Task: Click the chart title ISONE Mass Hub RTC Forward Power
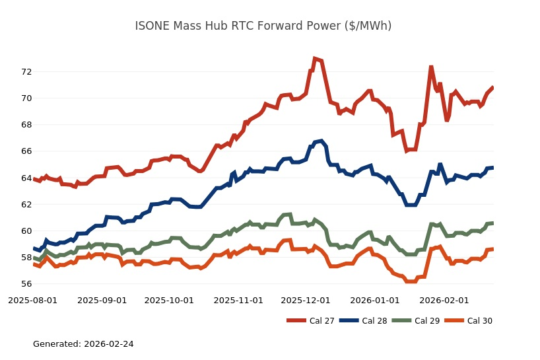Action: (x=263, y=26)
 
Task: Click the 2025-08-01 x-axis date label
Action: (x=32, y=300)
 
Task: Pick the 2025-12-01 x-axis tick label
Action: (x=305, y=300)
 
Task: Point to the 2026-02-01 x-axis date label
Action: (x=444, y=300)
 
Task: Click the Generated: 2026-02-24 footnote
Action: (x=83, y=344)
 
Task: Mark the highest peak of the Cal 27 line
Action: (x=315, y=59)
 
